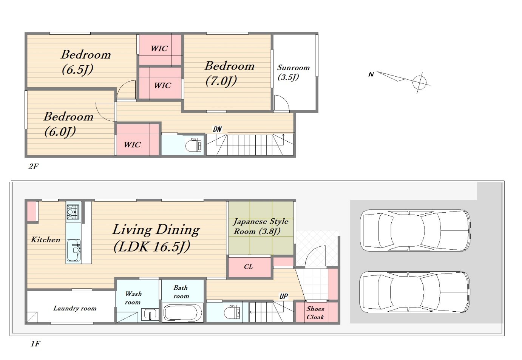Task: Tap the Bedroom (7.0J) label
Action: [230, 73]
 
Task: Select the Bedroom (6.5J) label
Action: [86, 62]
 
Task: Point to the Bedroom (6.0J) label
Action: [68, 124]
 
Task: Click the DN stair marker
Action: [217, 129]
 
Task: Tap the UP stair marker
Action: [284, 297]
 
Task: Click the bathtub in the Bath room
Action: [183, 313]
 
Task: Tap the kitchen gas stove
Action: [73, 212]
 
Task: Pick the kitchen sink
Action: [74, 250]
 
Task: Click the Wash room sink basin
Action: [150, 314]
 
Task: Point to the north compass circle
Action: [420, 82]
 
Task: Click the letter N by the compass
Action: [371, 74]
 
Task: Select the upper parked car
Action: [415, 230]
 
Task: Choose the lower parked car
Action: [415, 292]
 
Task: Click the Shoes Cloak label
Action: [315, 313]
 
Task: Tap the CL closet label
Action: [249, 267]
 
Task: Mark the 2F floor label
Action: [33, 166]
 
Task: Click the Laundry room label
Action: [75, 308]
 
